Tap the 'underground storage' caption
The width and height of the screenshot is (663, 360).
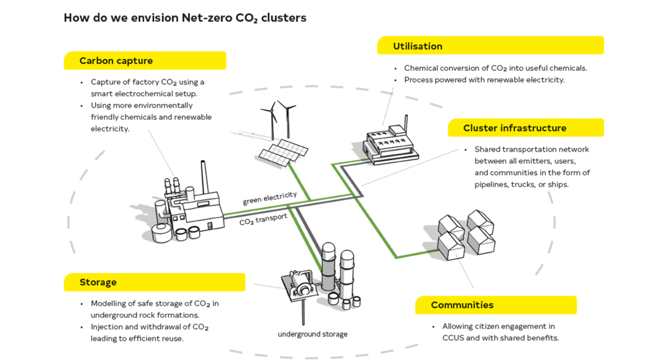(312, 334)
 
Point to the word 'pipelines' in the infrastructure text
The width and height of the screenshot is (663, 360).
(492, 184)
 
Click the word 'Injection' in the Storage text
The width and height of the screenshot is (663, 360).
(107, 327)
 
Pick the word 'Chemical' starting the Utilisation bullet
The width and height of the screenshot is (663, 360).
(420, 68)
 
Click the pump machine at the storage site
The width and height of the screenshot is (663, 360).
(302, 282)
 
